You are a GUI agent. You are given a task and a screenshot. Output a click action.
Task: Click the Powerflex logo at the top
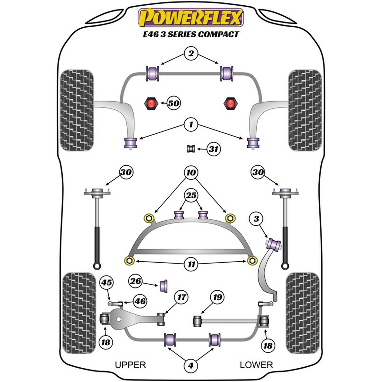[191, 18]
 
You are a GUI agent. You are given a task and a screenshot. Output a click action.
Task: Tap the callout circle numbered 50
[173, 103]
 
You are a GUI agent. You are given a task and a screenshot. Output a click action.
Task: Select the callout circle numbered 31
[214, 149]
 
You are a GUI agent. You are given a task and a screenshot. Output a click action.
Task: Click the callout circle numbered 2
[191, 53]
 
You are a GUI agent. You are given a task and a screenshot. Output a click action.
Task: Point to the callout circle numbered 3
[256, 218]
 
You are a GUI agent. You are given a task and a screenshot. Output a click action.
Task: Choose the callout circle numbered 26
[136, 281]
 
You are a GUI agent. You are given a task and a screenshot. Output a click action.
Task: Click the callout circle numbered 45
[107, 282]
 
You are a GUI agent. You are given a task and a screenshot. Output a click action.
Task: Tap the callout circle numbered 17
[181, 298]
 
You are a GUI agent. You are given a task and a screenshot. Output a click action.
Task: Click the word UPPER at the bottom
[130, 365]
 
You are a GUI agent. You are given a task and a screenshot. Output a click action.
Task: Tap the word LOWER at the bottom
[257, 365]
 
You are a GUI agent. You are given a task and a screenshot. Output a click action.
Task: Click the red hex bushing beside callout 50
[152, 103]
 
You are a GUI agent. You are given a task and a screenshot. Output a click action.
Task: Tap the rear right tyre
[302, 313]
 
